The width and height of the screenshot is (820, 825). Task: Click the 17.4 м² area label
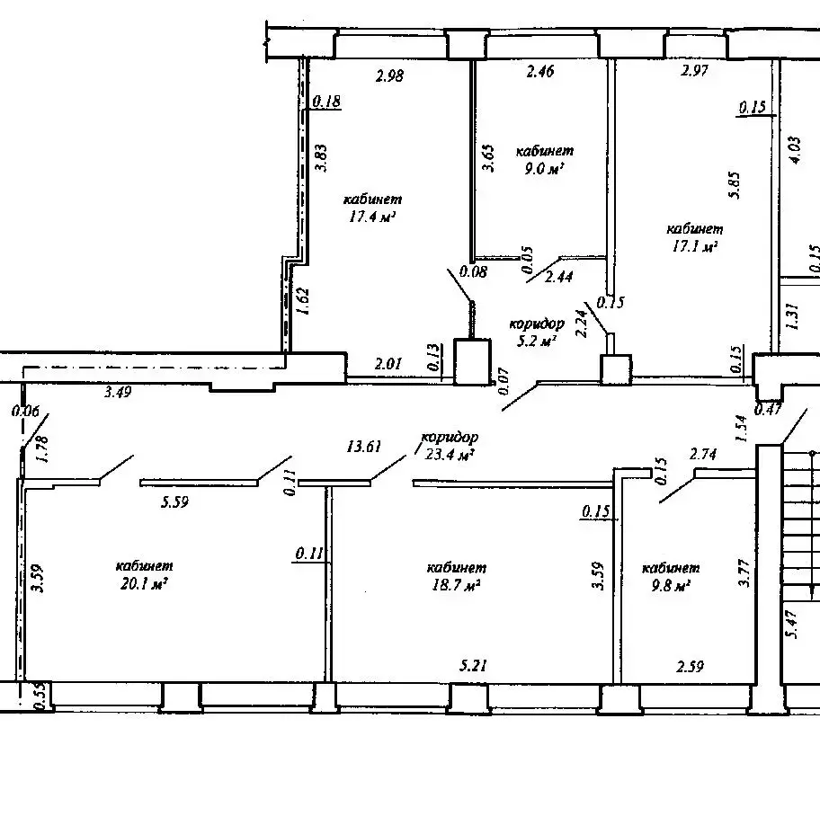click(372, 217)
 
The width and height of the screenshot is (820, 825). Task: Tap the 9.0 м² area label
click(544, 168)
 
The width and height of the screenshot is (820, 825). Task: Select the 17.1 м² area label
click(695, 246)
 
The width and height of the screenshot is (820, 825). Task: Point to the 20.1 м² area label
click(144, 583)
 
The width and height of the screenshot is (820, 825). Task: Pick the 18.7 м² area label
click(456, 584)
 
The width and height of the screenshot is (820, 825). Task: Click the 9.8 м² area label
click(671, 585)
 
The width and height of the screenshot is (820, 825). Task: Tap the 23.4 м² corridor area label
click(450, 454)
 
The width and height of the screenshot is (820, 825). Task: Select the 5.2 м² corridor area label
click(536, 341)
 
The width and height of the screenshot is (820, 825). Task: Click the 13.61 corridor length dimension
click(363, 447)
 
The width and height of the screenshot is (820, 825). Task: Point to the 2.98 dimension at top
click(389, 75)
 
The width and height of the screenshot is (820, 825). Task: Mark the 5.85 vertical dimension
click(735, 184)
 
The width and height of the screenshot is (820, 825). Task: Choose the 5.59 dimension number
click(174, 502)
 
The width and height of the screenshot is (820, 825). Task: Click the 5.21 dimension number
click(473, 666)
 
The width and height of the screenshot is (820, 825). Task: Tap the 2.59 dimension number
click(690, 667)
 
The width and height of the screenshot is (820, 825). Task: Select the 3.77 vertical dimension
click(744, 573)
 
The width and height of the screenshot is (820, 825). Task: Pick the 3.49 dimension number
click(118, 392)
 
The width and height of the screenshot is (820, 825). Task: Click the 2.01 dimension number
click(388, 363)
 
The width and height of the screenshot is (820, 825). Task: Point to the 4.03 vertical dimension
click(795, 150)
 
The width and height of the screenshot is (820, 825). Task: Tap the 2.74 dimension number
click(703, 454)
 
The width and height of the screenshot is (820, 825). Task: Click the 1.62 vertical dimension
click(303, 300)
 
